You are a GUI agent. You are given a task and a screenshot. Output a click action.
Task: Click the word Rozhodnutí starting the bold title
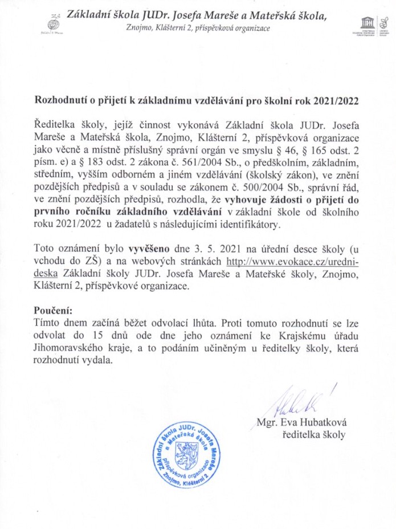(x=63, y=101)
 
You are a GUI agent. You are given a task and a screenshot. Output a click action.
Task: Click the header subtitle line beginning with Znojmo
(x=198, y=28)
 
